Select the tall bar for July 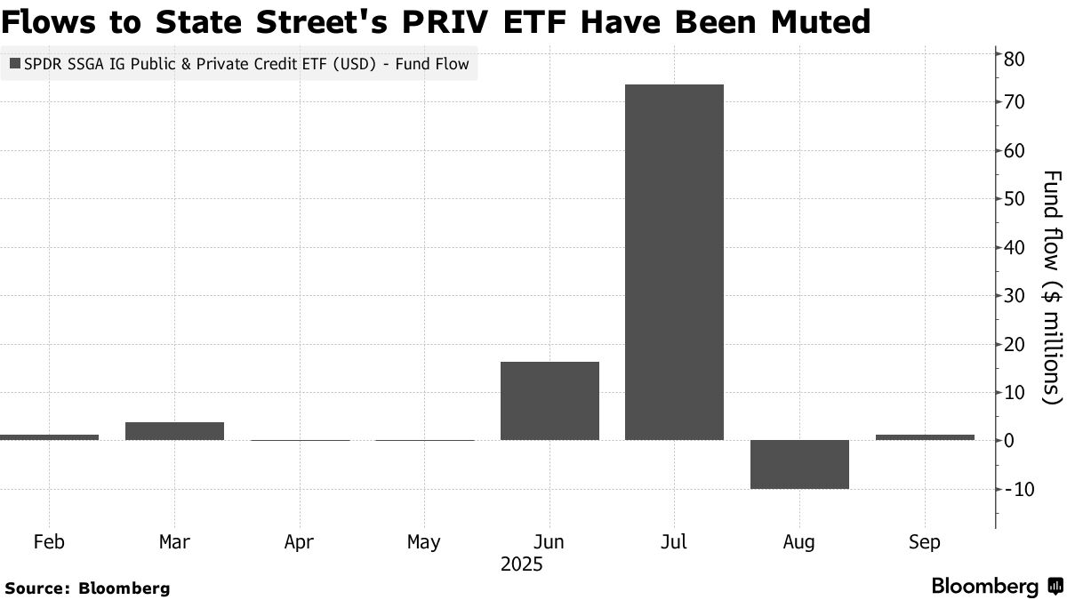coord(674,262)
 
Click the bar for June coord(550,401)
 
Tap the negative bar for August coord(799,464)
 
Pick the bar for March coord(174,431)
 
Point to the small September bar coord(925,437)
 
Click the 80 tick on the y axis coord(1015,59)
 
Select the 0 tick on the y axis coord(1009,441)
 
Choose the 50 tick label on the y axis coord(1015,199)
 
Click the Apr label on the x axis coord(299,542)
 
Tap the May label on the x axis coord(423,542)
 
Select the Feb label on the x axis coord(49,542)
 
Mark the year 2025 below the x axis coord(521,564)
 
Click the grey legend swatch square coord(16,64)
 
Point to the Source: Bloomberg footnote coord(87,588)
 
